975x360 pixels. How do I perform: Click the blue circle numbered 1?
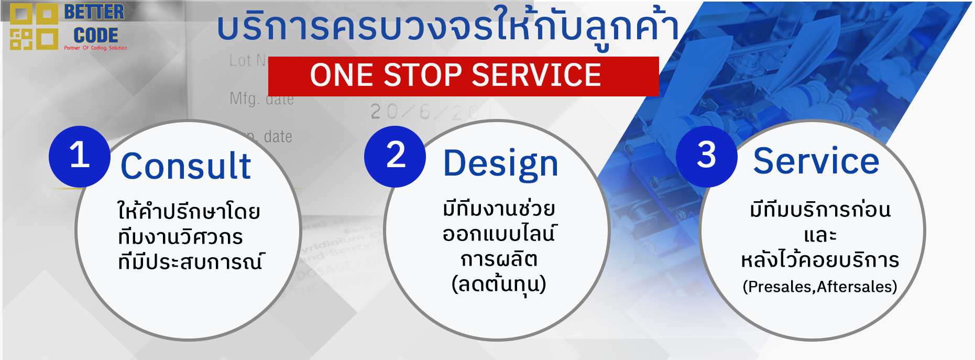pyautogui.click(x=80, y=156)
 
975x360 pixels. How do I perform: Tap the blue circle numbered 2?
pyautogui.click(x=395, y=156)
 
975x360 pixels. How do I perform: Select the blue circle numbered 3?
pyautogui.click(x=706, y=156)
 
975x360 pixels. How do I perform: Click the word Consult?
pyautogui.click(x=186, y=167)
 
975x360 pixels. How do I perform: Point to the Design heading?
pyautogui.click(x=500, y=163)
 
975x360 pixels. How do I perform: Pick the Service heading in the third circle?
pyautogui.click(x=816, y=161)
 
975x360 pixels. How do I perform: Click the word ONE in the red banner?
pyautogui.click(x=342, y=75)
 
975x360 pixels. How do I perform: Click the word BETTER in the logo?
pyautogui.click(x=94, y=13)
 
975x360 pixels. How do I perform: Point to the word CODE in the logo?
pyautogui.click(x=96, y=36)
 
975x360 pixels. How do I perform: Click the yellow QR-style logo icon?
pyautogui.click(x=34, y=26)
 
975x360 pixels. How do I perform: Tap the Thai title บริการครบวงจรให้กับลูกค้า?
pyautogui.click(x=448, y=27)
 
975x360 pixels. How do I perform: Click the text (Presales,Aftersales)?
pyautogui.click(x=819, y=287)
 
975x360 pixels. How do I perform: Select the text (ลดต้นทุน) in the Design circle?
pyautogui.click(x=499, y=285)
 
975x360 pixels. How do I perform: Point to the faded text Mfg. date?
pyautogui.click(x=261, y=99)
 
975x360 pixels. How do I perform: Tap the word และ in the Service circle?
pyautogui.click(x=820, y=235)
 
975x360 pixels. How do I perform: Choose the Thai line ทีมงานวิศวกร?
pyautogui.click(x=180, y=237)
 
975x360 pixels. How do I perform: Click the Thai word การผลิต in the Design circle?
pyautogui.click(x=499, y=259)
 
